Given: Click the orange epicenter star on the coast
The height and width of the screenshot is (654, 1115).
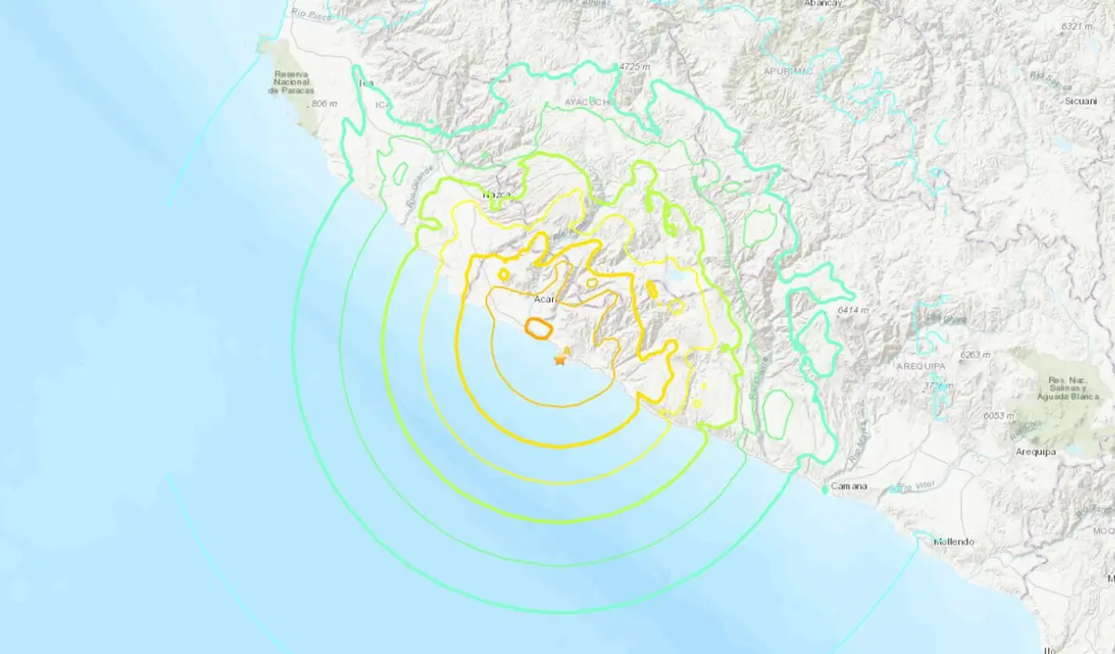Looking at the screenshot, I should [559, 360].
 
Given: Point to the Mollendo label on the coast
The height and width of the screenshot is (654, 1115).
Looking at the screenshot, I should [953, 541].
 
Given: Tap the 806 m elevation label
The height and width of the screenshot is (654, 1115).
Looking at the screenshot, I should [326, 104].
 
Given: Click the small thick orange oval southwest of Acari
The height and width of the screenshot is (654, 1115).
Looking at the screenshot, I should [537, 327].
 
